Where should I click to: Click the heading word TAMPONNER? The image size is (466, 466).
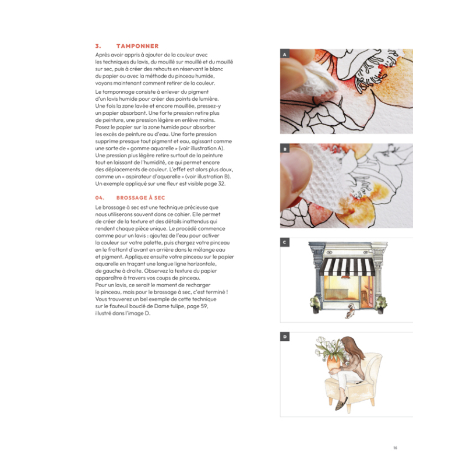[x=137, y=46]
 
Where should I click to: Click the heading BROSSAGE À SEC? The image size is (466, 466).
[x=140, y=197]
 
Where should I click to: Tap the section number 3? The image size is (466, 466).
[x=98, y=46]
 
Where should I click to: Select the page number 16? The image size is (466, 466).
[x=395, y=448]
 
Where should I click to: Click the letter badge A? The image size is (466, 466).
[x=285, y=54]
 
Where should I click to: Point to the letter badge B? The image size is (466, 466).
[x=285, y=149]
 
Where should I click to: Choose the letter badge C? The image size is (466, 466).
[x=285, y=242]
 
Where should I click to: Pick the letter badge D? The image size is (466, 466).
[x=285, y=337]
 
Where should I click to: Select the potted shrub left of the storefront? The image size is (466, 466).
[x=315, y=302]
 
